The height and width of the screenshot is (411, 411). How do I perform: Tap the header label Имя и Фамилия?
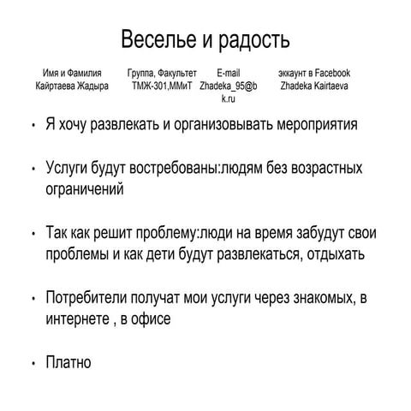pyautogui.click(x=72, y=74)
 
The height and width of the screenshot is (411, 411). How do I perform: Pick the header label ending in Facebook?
pyautogui.click(x=314, y=74)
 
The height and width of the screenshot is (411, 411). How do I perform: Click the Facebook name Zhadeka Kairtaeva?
pyautogui.click(x=315, y=86)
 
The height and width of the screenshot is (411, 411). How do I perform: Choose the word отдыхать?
pyautogui.click(x=331, y=254)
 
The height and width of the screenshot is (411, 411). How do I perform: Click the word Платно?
pyautogui.click(x=68, y=362)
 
